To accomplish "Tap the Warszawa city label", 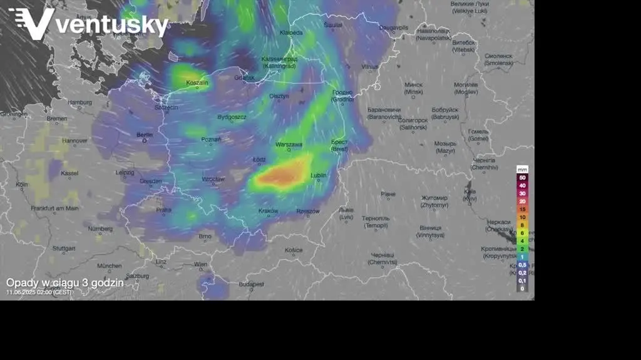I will click(x=289, y=145).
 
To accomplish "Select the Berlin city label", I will click(x=145, y=135).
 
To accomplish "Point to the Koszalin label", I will click(x=197, y=83).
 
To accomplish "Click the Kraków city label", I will click(x=268, y=211).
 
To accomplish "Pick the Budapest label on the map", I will click(x=252, y=284).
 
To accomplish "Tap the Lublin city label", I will click(x=318, y=176).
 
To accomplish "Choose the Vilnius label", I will click(x=370, y=66).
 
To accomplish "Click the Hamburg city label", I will click(x=80, y=102).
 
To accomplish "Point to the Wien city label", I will click(x=200, y=264).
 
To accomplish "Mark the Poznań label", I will click(x=211, y=140).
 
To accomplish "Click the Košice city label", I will click(x=294, y=250).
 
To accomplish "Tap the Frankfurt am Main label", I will click(x=55, y=208).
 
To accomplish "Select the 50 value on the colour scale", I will click(x=522, y=178).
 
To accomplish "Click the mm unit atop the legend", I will click(x=522, y=169).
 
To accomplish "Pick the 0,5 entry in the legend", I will click(x=522, y=265).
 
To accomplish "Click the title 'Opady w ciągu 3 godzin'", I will click(x=65, y=282).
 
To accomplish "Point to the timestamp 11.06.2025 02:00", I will click(x=39, y=292).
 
